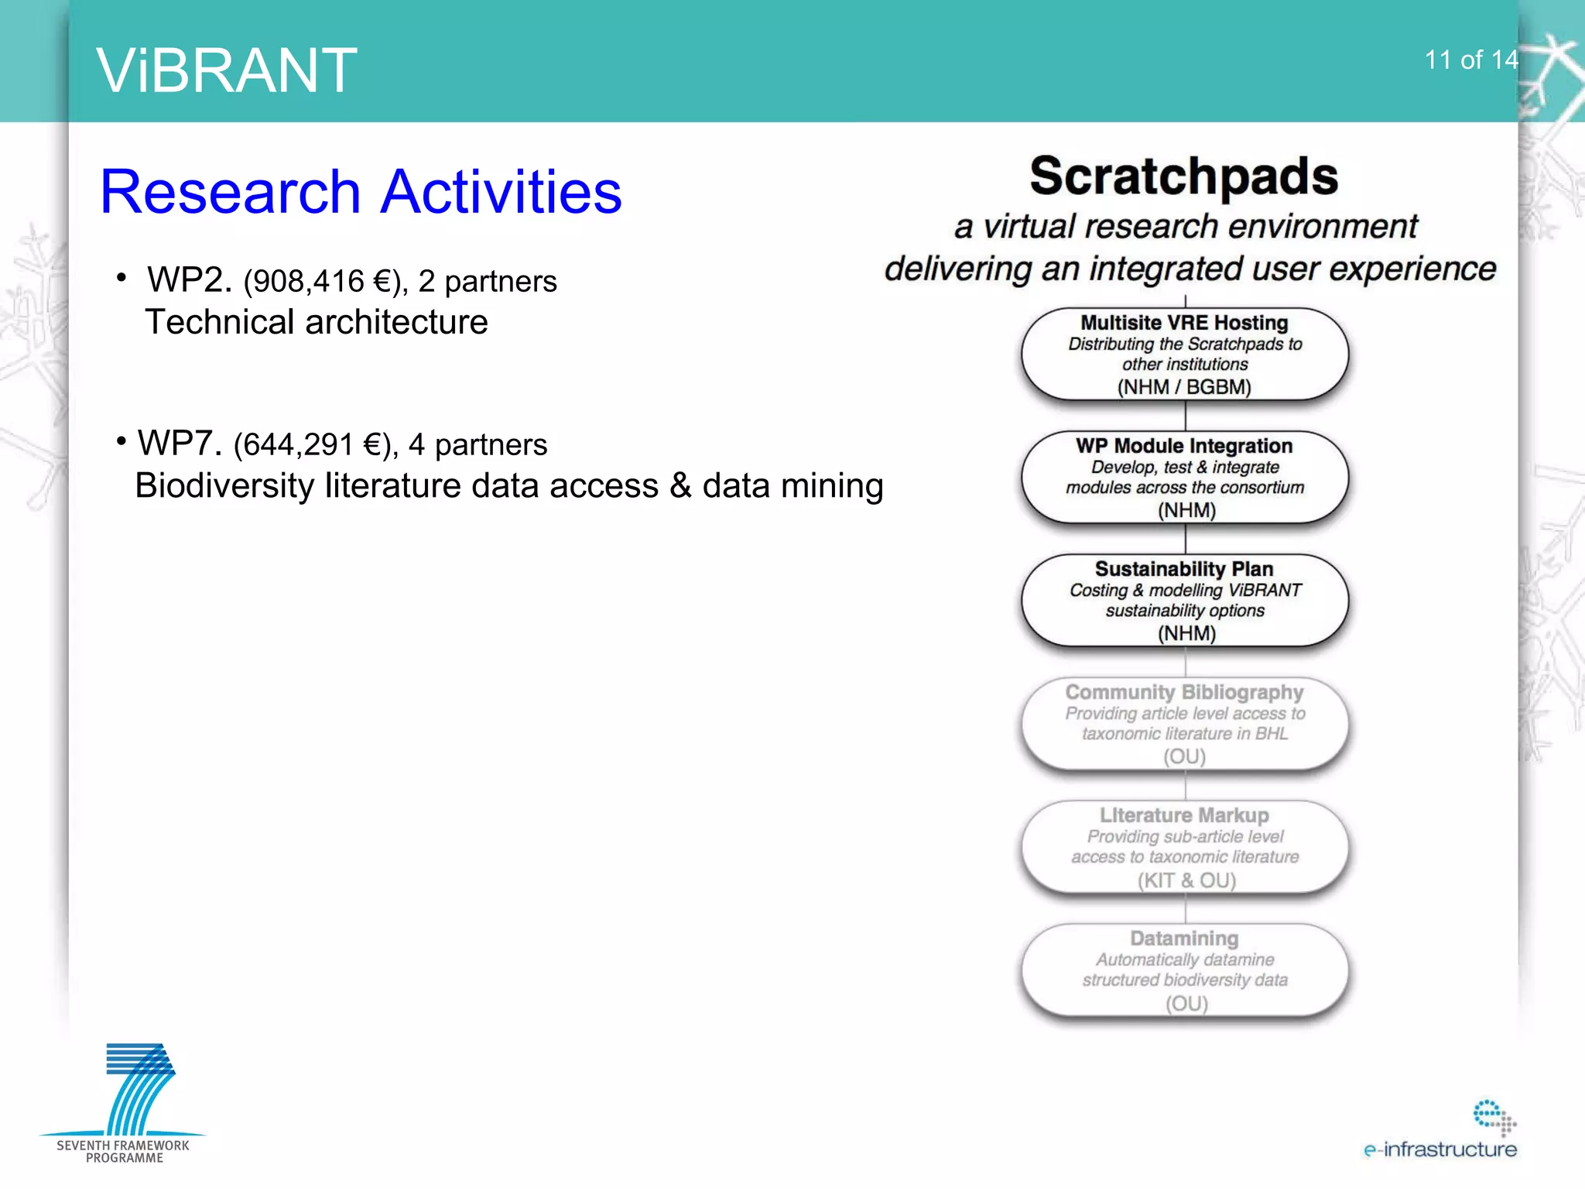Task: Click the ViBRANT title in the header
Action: click(227, 70)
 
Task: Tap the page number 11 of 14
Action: click(1470, 60)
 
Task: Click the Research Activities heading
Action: click(361, 192)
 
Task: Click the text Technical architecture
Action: click(317, 322)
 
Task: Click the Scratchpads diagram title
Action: click(1183, 176)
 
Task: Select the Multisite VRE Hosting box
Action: click(1184, 354)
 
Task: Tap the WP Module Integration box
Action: click(1184, 477)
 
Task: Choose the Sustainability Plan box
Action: click(1184, 600)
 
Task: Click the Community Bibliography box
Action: click(1184, 723)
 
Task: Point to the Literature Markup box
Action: click(1184, 847)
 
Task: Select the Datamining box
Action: click(1184, 970)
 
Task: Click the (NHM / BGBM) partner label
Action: click(1184, 387)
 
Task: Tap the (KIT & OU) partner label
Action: click(1186, 880)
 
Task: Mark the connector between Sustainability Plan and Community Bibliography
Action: click(1186, 663)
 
